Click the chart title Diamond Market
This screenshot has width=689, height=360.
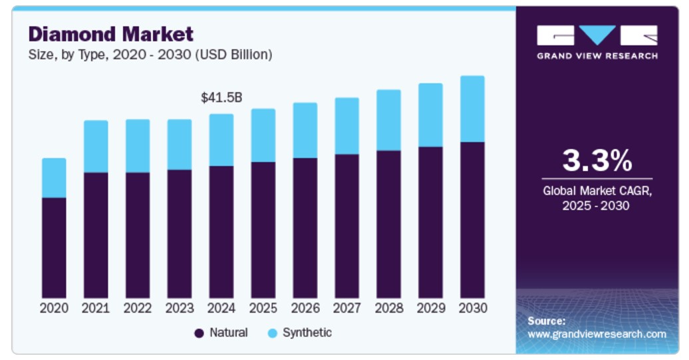point(110,34)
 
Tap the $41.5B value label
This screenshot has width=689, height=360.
point(221,98)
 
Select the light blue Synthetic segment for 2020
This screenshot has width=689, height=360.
point(54,178)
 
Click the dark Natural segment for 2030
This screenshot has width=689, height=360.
point(472,220)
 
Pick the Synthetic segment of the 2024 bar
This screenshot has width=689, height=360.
point(221,140)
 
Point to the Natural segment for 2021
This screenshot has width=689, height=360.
point(96,235)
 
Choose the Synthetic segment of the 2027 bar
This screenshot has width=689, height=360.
point(346,126)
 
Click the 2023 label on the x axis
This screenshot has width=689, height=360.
point(180,309)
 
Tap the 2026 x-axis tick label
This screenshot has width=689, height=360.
point(305,309)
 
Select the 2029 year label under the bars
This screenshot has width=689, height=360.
point(430,309)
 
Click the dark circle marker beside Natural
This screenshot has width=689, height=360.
point(199,333)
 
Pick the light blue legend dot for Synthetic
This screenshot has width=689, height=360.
point(272,333)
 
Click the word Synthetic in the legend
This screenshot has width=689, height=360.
point(307,333)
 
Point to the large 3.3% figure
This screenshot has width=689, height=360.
point(597,160)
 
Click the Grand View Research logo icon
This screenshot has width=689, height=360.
point(597,36)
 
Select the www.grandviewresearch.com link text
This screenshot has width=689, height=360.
point(597,334)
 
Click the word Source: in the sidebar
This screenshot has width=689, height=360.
point(547,321)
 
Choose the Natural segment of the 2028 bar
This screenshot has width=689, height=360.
point(388,224)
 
